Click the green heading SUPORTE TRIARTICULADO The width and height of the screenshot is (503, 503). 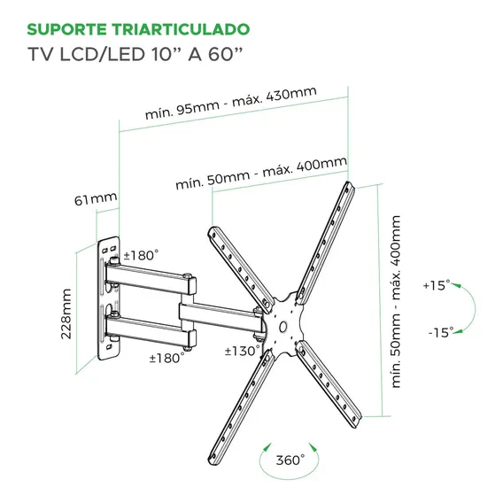[138, 29]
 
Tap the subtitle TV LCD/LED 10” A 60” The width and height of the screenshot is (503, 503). [135, 54]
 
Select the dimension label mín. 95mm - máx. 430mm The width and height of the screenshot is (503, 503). [230, 103]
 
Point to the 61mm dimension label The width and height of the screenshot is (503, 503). [96, 199]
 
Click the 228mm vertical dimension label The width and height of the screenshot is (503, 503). [66, 313]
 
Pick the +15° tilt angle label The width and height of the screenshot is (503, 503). [437, 285]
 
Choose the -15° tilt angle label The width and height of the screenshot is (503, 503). [441, 332]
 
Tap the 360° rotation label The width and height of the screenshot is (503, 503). [290, 460]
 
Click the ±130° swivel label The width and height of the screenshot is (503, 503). [243, 351]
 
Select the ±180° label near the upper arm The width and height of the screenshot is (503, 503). [141, 255]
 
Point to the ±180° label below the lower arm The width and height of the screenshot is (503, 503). [166, 358]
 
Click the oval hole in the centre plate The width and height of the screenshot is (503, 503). [283, 327]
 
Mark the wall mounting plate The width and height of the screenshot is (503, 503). [109, 298]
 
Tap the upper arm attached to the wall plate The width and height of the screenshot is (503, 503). [151, 278]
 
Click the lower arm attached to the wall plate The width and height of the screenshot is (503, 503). [151, 330]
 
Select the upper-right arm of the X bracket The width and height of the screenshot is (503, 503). [325, 243]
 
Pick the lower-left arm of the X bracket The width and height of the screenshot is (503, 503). [241, 407]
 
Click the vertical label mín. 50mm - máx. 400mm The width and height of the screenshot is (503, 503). [396, 302]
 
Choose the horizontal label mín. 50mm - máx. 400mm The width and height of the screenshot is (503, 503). [261, 173]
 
